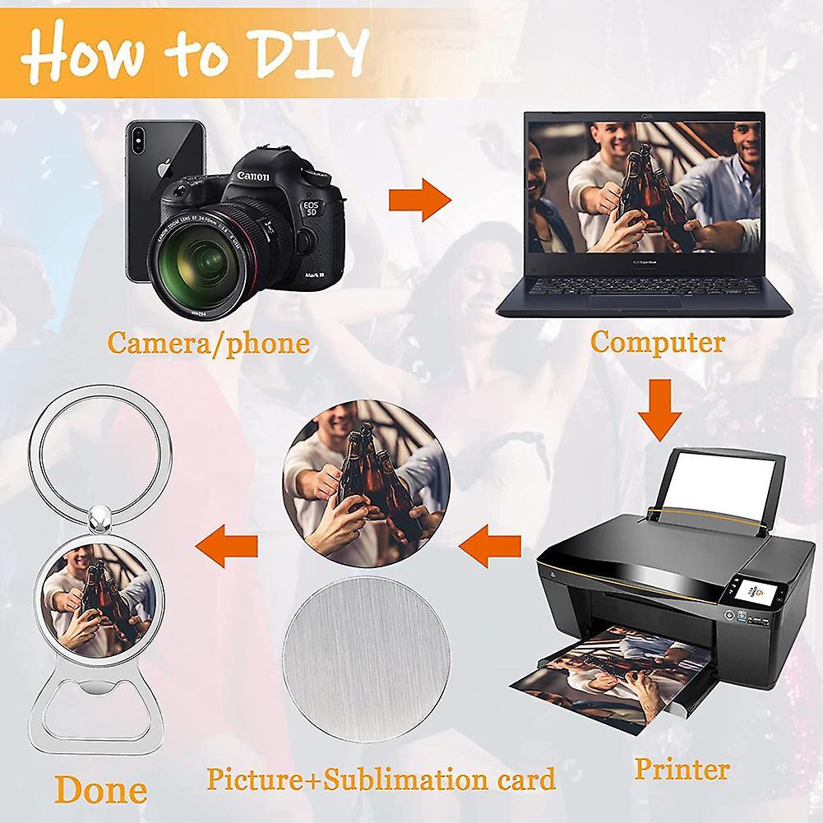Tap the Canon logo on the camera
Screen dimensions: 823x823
252,175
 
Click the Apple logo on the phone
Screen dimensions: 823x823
164,167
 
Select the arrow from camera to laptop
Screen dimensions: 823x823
419,200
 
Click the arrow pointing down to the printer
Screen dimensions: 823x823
659,409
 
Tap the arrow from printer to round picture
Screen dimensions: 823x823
489,546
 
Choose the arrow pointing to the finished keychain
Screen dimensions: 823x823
226,546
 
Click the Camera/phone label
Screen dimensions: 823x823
208,344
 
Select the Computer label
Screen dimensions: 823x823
658,342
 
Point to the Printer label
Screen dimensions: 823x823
682,769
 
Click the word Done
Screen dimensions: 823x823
101,789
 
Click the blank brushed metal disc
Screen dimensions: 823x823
367,659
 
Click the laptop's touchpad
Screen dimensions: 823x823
634,301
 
